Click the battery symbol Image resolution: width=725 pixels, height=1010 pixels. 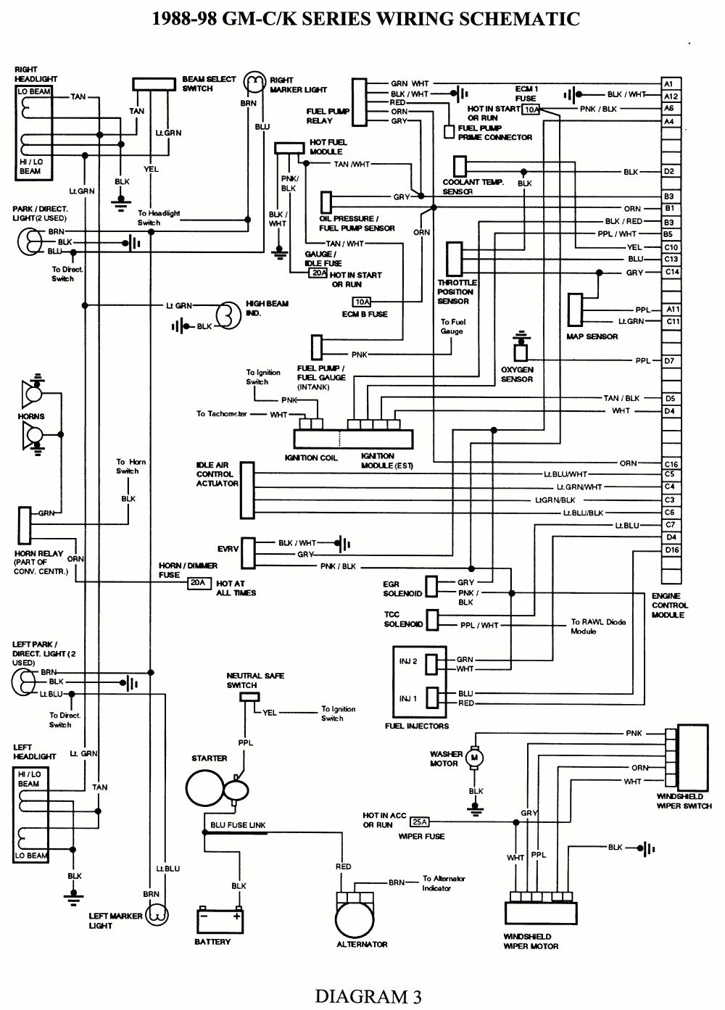[219, 921]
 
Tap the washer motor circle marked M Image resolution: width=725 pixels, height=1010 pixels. [476, 758]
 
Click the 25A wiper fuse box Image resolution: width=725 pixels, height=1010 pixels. [420, 822]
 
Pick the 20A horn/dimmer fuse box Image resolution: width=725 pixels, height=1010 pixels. [197, 582]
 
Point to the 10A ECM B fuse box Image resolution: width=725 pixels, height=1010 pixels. [362, 302]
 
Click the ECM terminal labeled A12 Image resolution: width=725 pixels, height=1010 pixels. [671, 96]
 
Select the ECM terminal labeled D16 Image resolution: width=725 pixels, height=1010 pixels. [671, 550]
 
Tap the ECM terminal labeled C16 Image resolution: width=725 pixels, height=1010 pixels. [671, 464]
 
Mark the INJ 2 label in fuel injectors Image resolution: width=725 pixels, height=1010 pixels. [408, 661]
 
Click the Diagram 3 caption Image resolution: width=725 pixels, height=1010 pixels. [368, 996]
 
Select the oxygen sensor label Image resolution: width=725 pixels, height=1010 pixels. [517, 374]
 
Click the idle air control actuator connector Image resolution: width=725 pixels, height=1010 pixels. [246, 485]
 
